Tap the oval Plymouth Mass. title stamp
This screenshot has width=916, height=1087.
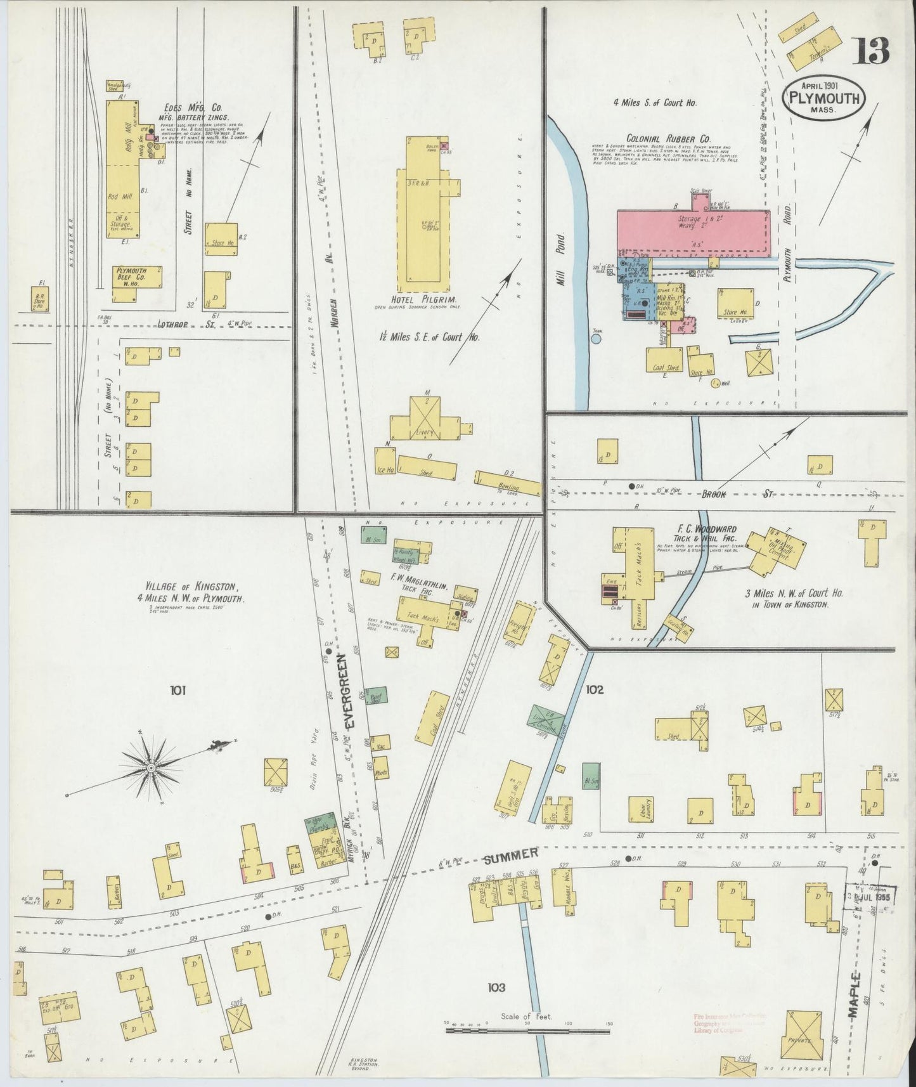click(x=824, y=98)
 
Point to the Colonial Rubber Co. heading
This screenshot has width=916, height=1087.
click(x=669, y=138)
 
